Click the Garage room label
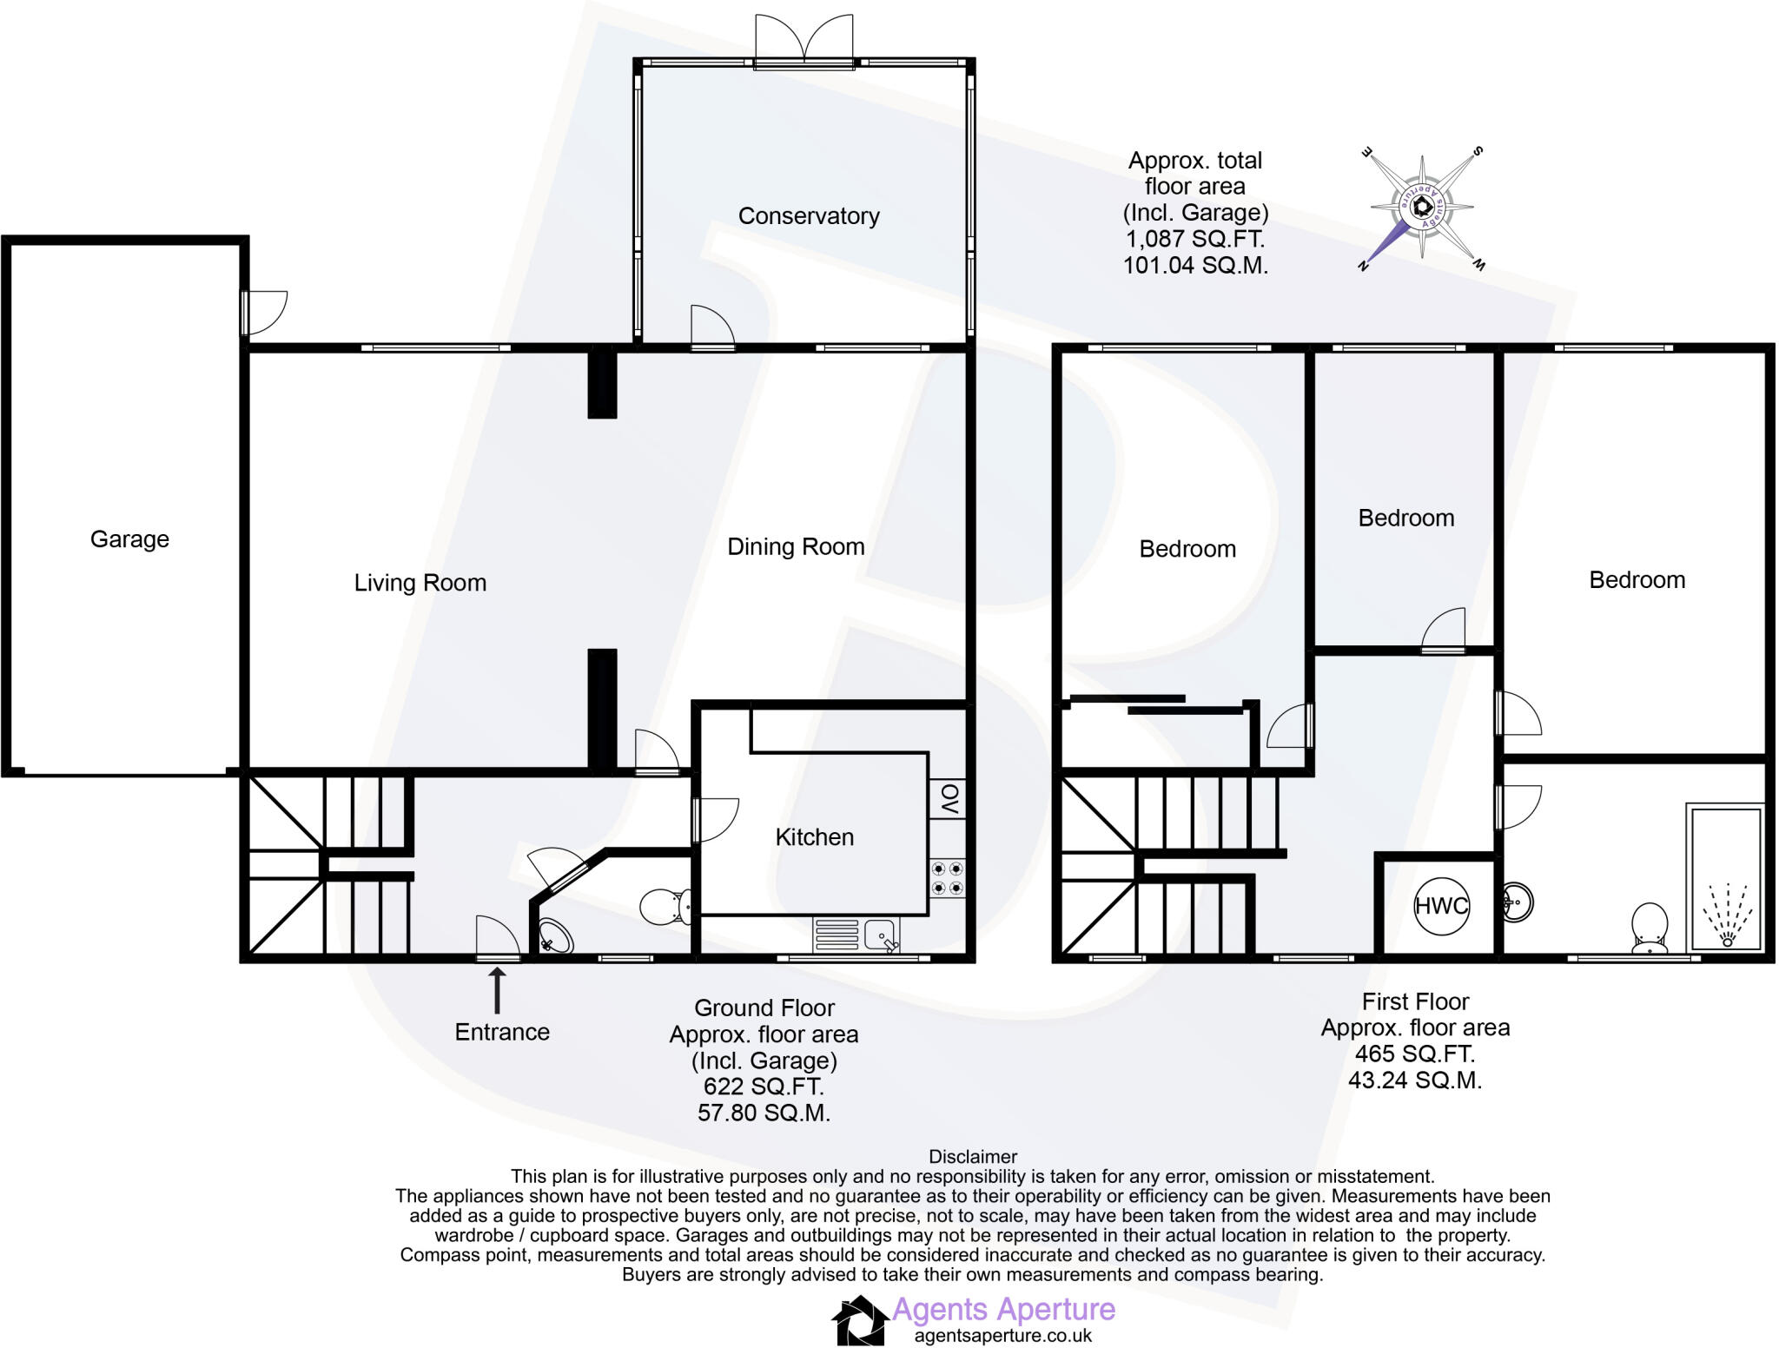pos(129,539)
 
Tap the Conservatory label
pos(808,216)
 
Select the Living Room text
pos(420,583)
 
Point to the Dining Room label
pos(796,547)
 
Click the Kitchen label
pos(814,837)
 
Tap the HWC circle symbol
pos(1440,906)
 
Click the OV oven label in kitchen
pos(949,798)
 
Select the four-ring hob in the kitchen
pos(947,878)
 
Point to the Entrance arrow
pos(498,991)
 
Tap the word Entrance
pos(502,1032)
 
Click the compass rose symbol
pos(1421,207)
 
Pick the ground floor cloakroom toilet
pos(665,907)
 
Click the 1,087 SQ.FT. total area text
pos(1195,239)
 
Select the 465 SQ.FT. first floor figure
pos(1414,1054)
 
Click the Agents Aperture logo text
pos(1003,1309)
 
